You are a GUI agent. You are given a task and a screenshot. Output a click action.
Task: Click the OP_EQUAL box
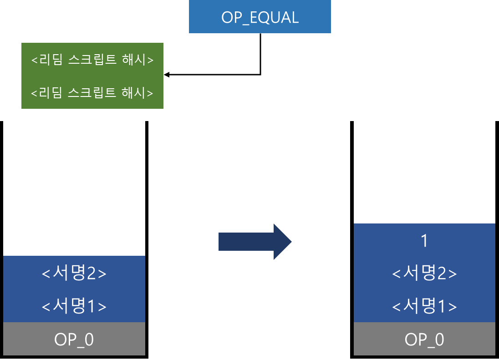tap(260, 17)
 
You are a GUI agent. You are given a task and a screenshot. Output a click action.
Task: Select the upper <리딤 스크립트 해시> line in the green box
tap(92, 60)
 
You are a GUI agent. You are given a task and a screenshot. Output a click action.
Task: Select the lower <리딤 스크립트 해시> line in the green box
tap(92, 93)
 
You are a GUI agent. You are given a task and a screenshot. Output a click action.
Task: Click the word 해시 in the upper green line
tap(134, 60)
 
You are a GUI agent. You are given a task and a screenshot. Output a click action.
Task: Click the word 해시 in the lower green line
tap(134, 93)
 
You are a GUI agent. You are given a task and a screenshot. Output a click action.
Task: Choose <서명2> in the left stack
tap(74, 274)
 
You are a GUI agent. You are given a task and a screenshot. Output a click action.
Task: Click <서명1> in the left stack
tap(74, 306)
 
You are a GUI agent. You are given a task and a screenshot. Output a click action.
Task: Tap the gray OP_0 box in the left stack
tap(74, 339)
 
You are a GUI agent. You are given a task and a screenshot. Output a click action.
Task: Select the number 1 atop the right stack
tap(424, 241)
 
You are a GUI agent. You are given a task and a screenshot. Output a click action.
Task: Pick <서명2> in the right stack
tap(424, 274)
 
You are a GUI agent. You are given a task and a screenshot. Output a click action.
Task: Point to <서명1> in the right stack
tap(424, 306)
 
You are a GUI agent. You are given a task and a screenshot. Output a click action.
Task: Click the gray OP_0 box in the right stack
tap(424, 339)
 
